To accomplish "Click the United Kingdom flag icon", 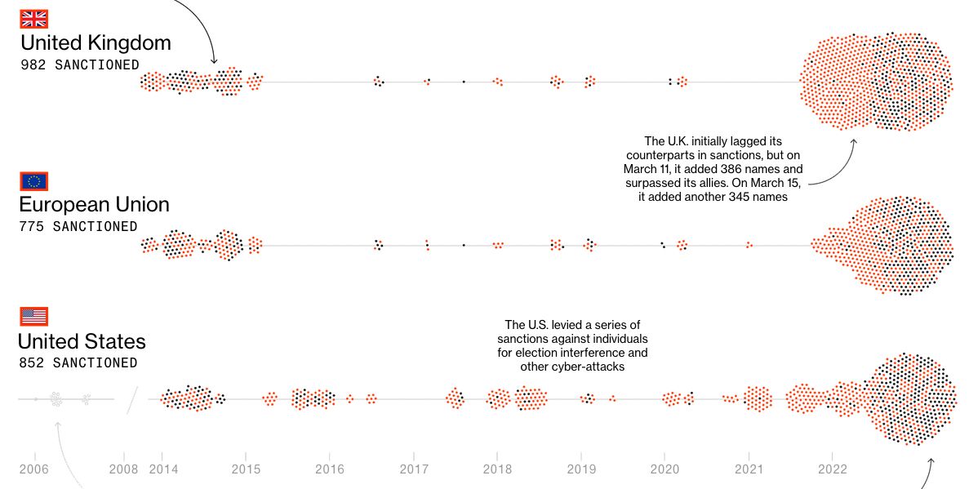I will click(x=34, y=19).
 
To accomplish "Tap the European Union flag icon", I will click(x=34, y=181).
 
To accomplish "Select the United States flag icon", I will click(x=34, y=316).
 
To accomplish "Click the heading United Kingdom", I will click(x=96, y=42).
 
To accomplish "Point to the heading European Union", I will click(x=95, y=204).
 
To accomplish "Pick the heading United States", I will click(x=82, y=340).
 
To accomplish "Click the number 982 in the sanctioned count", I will click(x=33, y=65).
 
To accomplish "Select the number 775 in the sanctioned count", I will click(x=32, y=227).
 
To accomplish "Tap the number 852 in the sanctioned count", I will click(x=32, y=362).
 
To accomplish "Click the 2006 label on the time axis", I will click(x=34, y=469).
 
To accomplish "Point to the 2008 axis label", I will click(x=124, y=469).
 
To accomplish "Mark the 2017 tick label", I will click(x=414, y=469).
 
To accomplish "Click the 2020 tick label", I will click(x=666, y=469).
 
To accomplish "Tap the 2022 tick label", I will click(x=832, y=469).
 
